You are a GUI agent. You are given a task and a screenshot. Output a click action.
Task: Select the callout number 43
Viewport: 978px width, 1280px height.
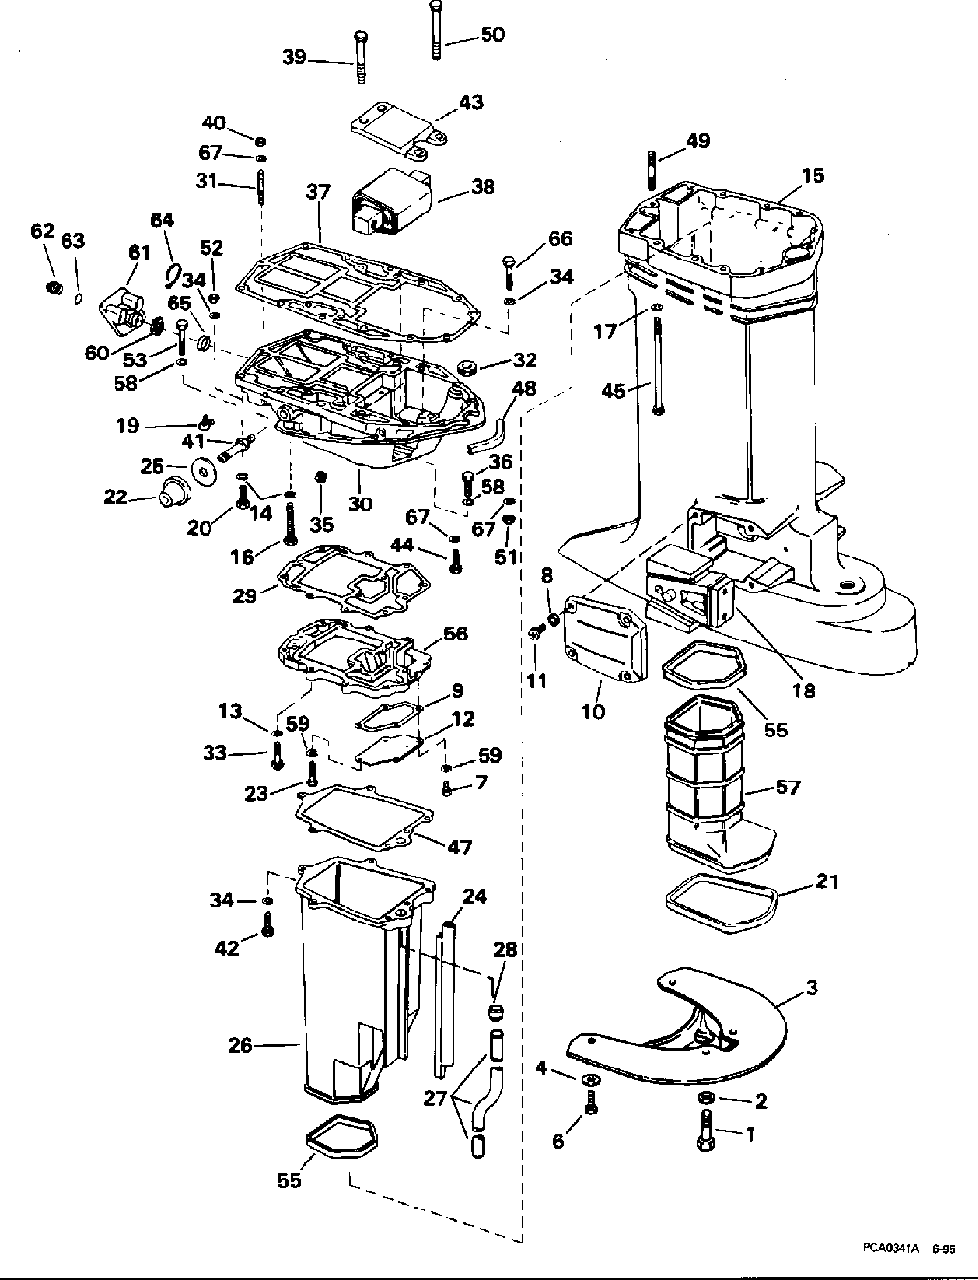(x=471, y=102)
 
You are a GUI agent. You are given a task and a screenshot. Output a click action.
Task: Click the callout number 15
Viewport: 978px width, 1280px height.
(x=813, y=176)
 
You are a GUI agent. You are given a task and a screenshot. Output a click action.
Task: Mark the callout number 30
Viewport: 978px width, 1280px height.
(x=360, y=504)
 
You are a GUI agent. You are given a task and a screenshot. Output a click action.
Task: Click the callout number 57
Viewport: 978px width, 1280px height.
(x=787, y=787)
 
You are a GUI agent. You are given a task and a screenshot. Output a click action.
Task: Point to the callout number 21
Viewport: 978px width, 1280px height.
(x=827, y=883)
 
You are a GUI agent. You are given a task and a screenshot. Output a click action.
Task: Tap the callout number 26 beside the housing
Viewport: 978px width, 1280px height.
(x=240, y=1046)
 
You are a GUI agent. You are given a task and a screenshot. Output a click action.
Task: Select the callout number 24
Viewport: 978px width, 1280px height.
(x=474, y=897)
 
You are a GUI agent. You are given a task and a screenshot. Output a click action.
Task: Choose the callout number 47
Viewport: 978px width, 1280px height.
(x=459, y=847)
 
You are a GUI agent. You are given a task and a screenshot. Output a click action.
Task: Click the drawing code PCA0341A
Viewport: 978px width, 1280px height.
(x=891, y=1248)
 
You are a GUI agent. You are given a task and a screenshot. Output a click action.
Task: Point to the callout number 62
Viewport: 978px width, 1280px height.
(x=41, y=231)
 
